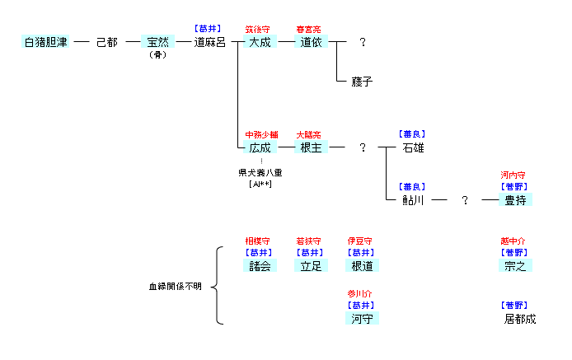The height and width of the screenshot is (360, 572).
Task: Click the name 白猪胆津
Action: pos(45,42)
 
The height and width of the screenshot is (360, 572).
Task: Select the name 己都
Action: pos(106,42)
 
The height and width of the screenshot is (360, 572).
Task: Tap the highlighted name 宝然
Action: pos(157,42)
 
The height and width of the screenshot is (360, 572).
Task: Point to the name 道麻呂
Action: pos(209,42)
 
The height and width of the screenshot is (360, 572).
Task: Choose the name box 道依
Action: pos(311,42)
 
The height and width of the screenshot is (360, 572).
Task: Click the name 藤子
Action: pos(362,82)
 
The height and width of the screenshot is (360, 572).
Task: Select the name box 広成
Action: pos(259,147)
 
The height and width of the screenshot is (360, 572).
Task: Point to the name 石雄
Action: pos(414,147)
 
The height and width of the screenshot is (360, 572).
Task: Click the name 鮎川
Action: pos(413,200)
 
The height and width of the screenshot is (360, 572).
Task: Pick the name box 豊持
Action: pos(515,200)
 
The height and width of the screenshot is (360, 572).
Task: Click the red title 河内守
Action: pos(513,175)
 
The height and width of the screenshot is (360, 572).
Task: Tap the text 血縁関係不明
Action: pos(175,287)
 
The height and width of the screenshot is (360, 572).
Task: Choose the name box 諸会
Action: pos(260,266)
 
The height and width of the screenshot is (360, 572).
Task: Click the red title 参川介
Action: pos(360,293)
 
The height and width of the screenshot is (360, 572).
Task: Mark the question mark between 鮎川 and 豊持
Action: pos(465,200)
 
